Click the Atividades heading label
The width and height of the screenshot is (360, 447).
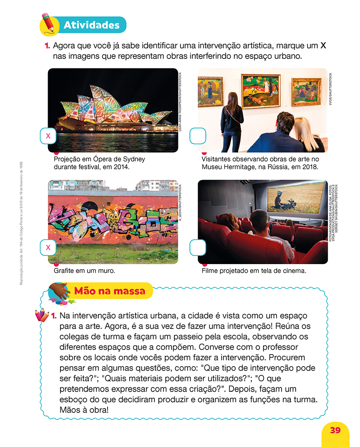[91, 25]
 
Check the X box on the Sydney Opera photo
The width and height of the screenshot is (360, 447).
[48, 136]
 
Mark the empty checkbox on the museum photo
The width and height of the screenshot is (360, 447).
[198, 136]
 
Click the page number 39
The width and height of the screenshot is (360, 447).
[335, 430]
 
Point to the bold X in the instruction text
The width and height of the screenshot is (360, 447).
[323, 46]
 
